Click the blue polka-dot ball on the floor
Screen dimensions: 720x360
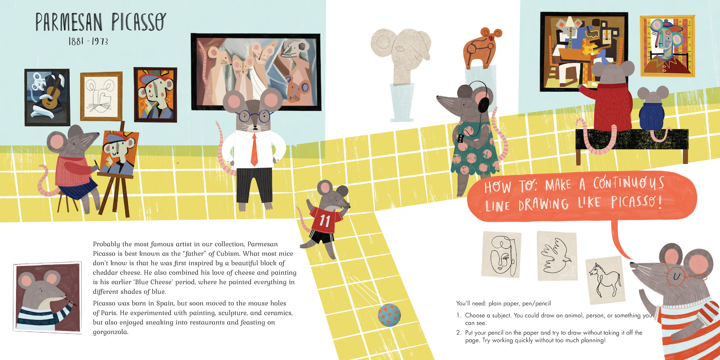coord(389,315)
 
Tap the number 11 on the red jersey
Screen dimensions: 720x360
coord(324,220)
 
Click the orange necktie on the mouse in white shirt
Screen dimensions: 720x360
coord(254,150)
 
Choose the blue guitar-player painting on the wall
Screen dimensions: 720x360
coord(47,97)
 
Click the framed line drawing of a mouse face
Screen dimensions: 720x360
coord(101,96)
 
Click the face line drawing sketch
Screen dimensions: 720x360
coord(501,254)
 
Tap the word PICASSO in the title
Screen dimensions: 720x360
coord(139,22)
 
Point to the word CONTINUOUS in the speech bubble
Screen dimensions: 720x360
coord(629,183)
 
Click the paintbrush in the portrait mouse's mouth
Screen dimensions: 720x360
coord(70,301)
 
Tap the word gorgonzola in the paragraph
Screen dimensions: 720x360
coord(111,332)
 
